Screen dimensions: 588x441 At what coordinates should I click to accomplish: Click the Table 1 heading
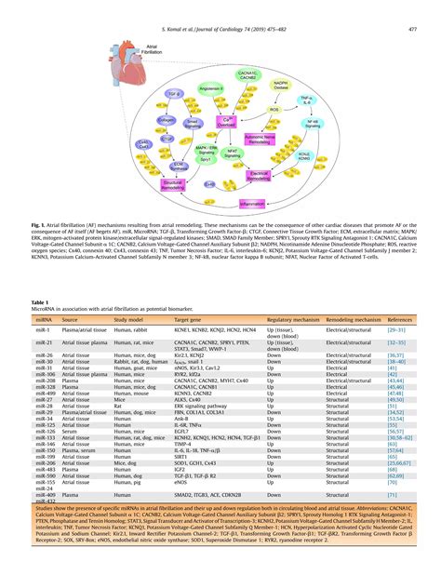[43, 302]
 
